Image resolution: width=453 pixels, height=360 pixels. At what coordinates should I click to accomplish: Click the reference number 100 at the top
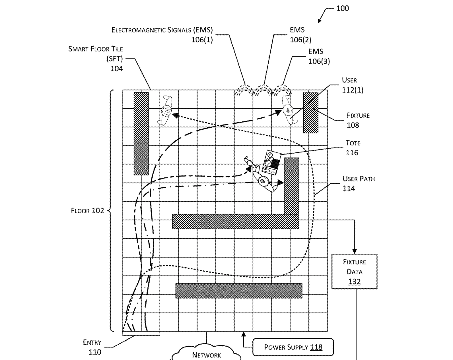[343, 9]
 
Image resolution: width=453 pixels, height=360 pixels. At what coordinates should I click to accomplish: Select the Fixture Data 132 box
[354, 271]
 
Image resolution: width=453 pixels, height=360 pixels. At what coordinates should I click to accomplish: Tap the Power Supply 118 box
[293, 347]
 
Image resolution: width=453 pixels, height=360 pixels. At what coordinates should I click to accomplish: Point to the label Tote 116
[353, 148]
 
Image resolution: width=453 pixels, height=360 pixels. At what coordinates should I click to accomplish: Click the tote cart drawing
[271, 162]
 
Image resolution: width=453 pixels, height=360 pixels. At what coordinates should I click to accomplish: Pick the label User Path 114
[359, 183]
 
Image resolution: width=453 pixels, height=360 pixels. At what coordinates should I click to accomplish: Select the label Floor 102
[87, 211]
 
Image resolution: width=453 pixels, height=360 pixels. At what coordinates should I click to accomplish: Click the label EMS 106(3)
[319, 56]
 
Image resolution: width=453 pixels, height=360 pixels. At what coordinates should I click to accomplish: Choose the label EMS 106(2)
[300, 35]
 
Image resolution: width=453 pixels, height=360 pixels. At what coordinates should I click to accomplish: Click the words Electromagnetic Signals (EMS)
[162, 30]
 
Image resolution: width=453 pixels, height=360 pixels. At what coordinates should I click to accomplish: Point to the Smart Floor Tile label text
[96, 49]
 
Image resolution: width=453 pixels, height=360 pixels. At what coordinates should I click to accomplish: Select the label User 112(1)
[353, 85]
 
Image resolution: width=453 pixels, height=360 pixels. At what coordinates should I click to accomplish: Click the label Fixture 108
[358, 120]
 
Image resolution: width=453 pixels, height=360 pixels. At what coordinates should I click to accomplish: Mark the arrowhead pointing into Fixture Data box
[355, 251]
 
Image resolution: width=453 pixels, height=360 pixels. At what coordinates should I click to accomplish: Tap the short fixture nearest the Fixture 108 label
[310, 113]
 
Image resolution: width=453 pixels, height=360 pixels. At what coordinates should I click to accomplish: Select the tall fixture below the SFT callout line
[141, 134]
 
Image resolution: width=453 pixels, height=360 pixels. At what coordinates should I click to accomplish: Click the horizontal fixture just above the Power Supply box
[239, 291]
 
